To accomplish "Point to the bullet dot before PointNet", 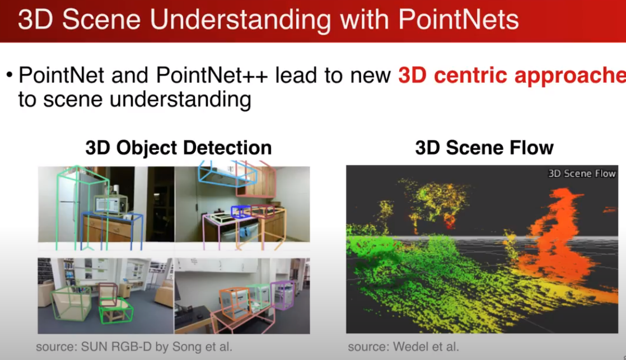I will tap(9, 76).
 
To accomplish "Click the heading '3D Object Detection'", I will tap(178, 148).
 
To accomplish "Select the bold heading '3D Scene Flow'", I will tap(484, 148).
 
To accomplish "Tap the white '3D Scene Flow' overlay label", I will tap(581, 174).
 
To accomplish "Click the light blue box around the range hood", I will tap(227, 175).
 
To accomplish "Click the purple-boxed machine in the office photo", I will tap(283, 295).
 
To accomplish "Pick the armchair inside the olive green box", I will tap(69, 303).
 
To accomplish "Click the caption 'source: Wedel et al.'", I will tap(403, 347).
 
